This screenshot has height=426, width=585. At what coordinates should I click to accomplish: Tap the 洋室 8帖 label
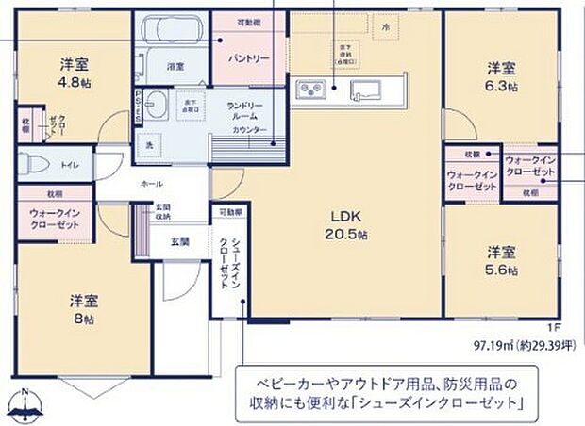pos(82,310)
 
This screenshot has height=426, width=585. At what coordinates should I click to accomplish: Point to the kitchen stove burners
pos(312,90)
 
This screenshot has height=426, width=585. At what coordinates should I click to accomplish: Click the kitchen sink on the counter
pos(364,90)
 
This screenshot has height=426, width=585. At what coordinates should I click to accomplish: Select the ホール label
pos(151,183)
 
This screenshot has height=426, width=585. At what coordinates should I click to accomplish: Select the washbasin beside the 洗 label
pos(156,106)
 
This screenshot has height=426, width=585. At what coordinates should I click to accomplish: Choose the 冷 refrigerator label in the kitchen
pos(385,29)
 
